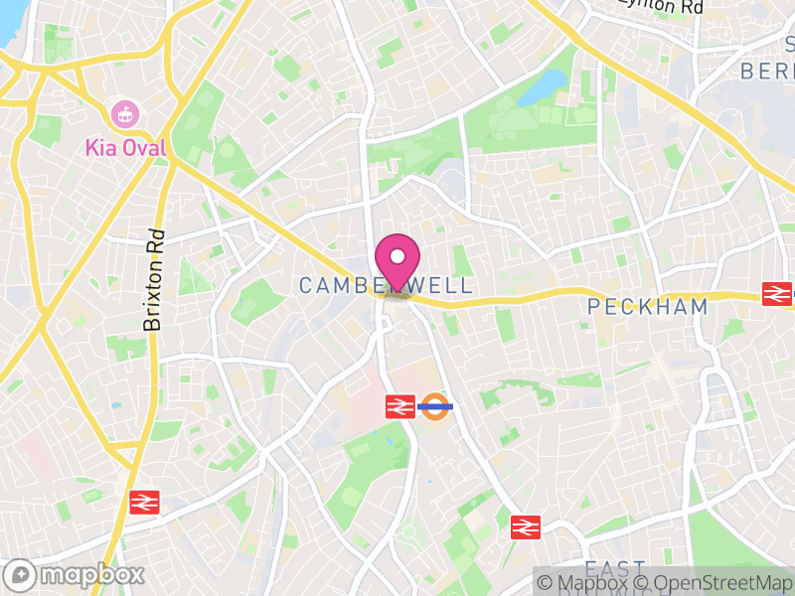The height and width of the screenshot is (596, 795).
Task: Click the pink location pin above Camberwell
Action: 397,260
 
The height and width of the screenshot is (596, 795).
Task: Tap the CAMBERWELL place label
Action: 371,286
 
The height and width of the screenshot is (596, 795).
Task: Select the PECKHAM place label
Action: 648,306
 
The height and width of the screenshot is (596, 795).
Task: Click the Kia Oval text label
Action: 125,149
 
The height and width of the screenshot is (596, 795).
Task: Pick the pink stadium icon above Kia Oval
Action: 125,113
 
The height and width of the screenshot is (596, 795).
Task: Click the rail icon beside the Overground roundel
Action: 399,405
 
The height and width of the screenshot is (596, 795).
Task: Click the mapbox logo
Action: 76,574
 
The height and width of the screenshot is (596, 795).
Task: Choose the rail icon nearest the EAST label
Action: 525,526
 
